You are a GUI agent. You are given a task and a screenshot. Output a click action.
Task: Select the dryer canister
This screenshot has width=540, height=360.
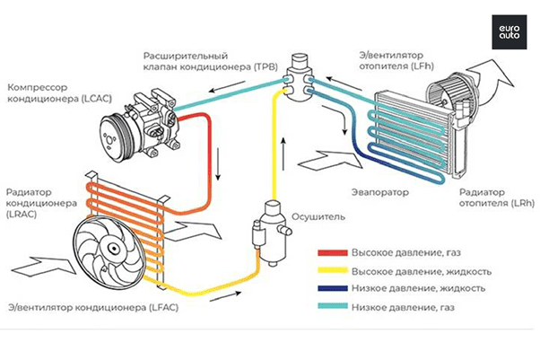click(x=266, y=229)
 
